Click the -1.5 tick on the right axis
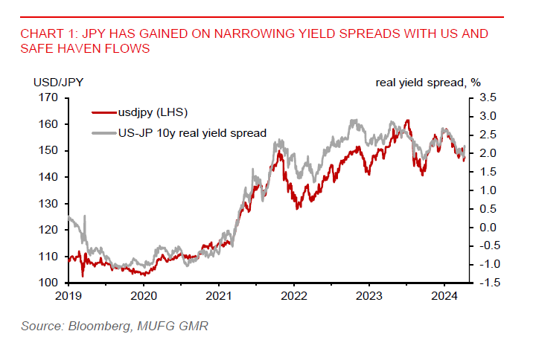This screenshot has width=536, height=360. pos(488,283)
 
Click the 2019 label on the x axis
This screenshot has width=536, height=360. pos(68,295)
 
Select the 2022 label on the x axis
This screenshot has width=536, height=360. pos(294,295)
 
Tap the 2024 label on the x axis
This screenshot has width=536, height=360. pos(444,295)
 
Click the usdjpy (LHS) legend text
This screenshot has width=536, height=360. pos(153,112)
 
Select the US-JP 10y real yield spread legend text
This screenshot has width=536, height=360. pos(192,133)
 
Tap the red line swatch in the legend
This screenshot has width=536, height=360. pos(103,112)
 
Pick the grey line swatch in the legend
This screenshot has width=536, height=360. pos(103,133)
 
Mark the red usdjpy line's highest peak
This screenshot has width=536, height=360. pos(407,120)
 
